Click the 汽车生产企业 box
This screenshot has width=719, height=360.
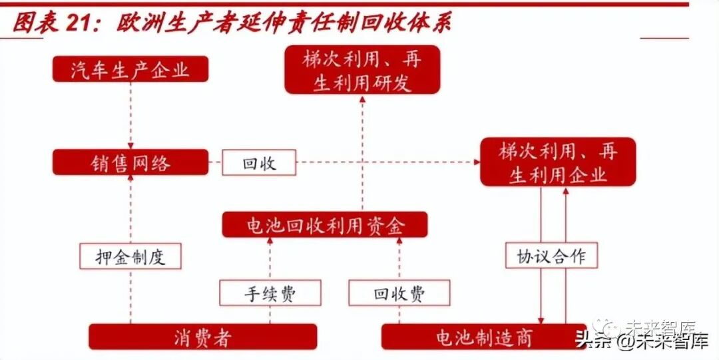130,69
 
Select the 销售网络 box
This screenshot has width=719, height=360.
130,162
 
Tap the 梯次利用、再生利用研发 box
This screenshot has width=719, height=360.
362,69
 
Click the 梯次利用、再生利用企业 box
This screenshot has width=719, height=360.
558,162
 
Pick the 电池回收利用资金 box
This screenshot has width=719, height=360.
325,225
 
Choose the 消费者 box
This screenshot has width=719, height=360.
203,337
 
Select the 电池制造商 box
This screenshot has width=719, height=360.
485,337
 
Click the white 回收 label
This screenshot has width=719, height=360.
259,162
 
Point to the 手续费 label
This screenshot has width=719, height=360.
270,293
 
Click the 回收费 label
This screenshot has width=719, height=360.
399,293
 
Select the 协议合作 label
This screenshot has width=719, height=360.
552,256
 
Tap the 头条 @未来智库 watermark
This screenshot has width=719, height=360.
640,341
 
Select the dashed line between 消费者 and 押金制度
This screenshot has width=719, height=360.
130,297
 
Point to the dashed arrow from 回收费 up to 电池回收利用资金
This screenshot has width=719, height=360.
399,260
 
